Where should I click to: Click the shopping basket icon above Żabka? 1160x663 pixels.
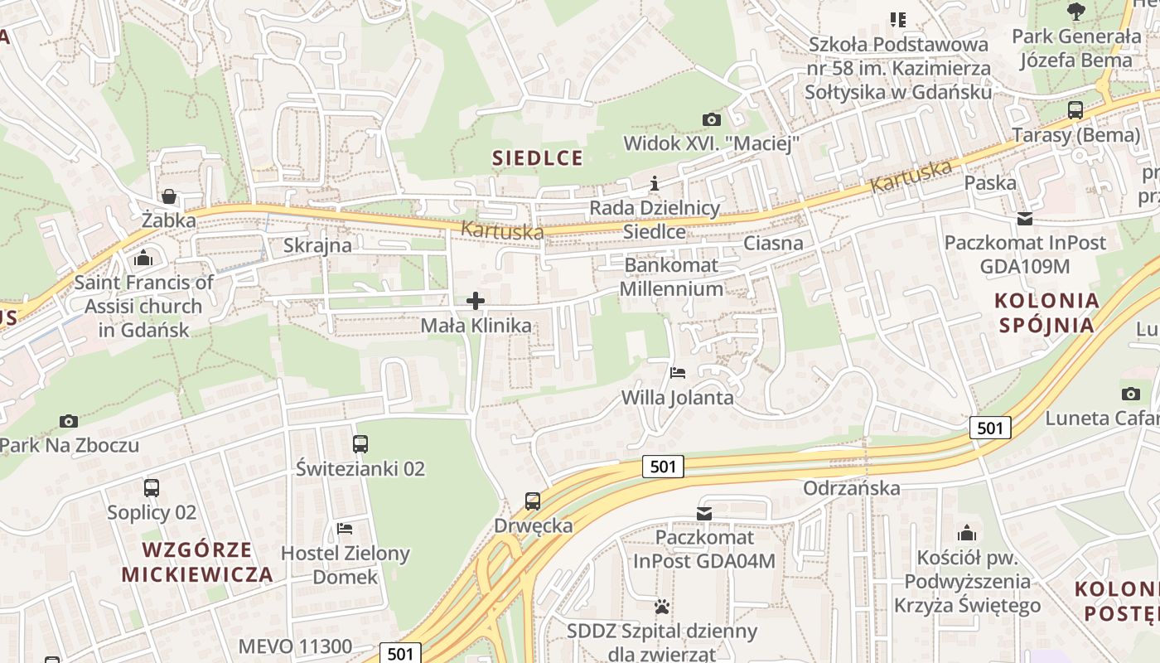169,196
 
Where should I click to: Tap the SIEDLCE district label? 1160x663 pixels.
538,157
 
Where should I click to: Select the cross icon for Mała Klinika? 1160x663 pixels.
476,301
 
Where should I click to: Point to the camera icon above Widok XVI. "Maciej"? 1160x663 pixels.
711,119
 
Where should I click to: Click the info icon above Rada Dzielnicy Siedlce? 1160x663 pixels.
655,183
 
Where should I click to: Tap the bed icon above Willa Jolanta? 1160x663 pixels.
678,372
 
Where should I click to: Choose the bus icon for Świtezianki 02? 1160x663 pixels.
360,444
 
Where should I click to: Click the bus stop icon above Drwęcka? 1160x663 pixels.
533,501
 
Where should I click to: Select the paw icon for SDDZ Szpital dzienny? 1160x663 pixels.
661,607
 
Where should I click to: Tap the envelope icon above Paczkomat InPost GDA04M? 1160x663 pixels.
704,514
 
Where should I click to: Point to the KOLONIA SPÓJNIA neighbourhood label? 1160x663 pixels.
1046,312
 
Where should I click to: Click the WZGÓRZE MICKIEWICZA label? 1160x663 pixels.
197,562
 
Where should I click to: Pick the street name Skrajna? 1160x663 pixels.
317,245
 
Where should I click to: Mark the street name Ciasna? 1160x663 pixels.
773,243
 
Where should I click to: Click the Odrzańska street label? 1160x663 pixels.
851,487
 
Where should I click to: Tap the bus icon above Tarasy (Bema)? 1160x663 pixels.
1075,110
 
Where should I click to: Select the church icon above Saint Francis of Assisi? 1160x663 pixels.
143,258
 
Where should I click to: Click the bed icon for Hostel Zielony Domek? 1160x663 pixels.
345,528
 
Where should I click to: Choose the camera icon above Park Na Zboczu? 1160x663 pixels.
69,421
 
